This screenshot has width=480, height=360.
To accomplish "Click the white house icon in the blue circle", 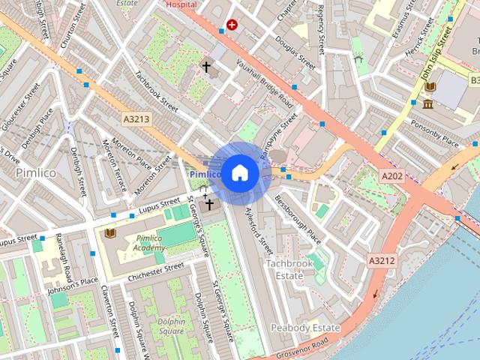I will (x=238, y=172).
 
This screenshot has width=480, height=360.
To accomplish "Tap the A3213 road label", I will (x=136, y=118).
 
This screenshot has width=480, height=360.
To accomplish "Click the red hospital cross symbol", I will (x=232, y=25).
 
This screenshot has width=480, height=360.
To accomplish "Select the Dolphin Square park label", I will (x=171, y=326).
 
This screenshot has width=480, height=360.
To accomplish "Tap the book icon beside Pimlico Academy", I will (x=110, y=233).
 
